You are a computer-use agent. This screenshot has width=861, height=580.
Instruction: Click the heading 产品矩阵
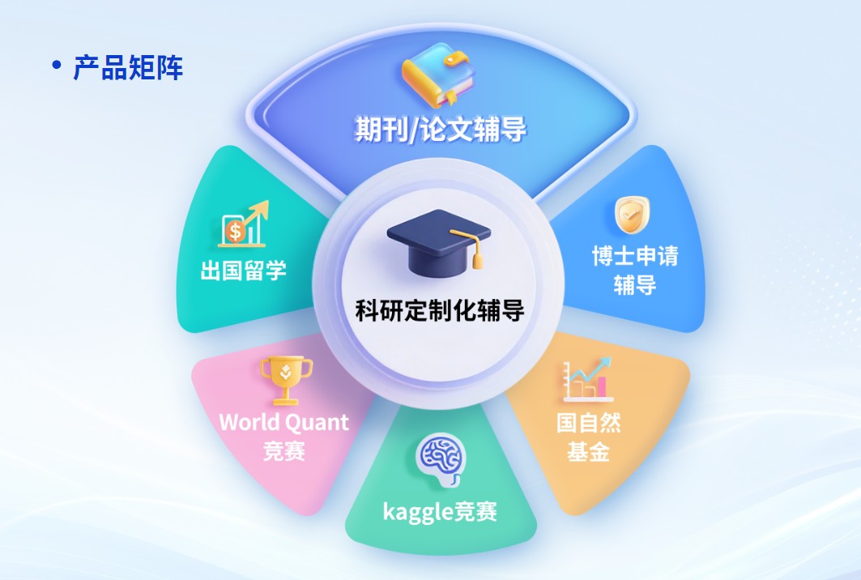pos(128,68)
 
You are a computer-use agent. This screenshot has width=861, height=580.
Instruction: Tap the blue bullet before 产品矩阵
pos(56,65)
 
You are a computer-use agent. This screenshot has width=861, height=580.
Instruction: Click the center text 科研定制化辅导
pos(440,309)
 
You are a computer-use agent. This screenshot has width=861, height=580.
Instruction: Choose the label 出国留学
pos(243,270)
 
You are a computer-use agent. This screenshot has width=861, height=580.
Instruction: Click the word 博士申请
pos(635,257)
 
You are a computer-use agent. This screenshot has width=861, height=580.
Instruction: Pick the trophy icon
pos(285,379)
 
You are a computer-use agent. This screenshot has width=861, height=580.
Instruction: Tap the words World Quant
pos(283,422)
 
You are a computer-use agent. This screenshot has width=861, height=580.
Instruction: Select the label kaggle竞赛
pos(440,512)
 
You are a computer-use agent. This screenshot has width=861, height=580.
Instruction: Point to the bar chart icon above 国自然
pos(588,380)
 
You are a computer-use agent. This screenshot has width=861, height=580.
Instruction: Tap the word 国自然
pos(588,423)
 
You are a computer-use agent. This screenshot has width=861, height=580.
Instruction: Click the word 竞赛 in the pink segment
pos(284,450)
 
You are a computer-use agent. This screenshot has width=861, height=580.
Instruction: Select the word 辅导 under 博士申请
pos(634,285)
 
